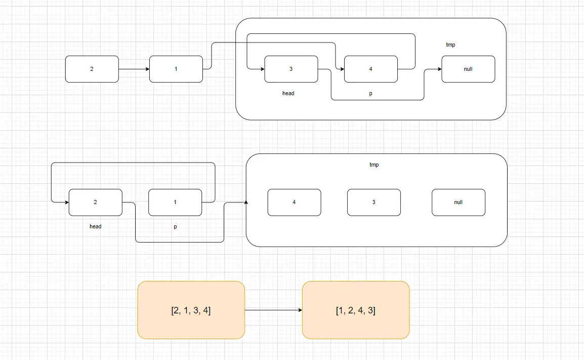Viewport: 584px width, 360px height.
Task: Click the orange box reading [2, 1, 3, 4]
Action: click(191, 310)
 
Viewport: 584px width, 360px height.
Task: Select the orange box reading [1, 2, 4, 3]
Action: click(356, 310)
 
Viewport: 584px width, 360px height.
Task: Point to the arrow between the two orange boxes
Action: click(273, 310)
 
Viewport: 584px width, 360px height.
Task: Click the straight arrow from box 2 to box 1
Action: click(134, 69)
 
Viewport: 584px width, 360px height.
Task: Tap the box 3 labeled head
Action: click(291, 69)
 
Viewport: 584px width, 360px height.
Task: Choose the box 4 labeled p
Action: click(371, 69)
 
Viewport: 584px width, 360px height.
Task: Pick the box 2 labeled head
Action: click(95, 202)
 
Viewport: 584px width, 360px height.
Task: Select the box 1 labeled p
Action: click(175, 202)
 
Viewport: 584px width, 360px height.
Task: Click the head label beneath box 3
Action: click(288, 93)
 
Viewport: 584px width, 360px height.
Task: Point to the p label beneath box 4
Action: click(370, 94)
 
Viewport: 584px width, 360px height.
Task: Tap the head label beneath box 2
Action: click(95, 226)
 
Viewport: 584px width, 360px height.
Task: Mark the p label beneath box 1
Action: click(175, 227)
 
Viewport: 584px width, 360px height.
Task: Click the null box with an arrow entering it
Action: click(468, 69)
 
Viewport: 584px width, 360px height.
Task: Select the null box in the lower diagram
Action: click(458, 202)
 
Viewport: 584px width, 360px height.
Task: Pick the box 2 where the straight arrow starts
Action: click(92, 69)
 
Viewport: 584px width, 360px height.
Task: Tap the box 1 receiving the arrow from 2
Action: click(176, 69)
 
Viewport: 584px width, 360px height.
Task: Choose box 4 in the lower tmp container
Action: click(294, 202)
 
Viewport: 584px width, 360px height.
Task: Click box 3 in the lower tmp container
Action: click(373, 202)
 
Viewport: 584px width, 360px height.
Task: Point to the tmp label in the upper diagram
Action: click(450, 45)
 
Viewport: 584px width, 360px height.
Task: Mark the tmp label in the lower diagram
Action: click(374, 165)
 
